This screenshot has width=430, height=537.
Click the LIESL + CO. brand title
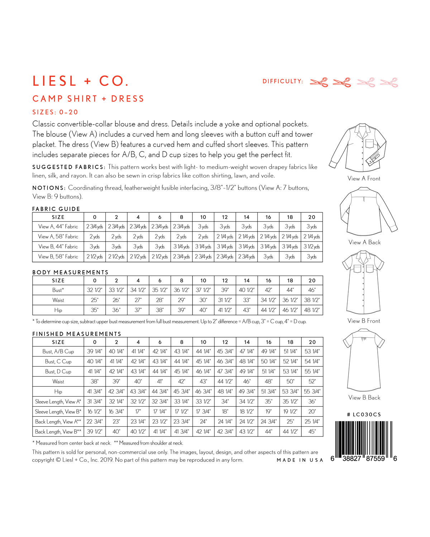click(81, 81)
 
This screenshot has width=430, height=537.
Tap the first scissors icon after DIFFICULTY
click(319, 82)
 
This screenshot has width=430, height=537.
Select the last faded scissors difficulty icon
click(389, 82)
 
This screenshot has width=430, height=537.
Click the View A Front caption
click(364, 178)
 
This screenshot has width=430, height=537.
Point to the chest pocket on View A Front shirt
click(369, 144)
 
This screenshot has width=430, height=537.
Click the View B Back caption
click(364, 397)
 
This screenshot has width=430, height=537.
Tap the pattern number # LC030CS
click(364, 415)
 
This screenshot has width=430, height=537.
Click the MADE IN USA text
click(300, 460)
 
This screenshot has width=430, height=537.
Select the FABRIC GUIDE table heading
click(56, 209)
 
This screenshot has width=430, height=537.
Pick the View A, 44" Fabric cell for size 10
click(203, 227)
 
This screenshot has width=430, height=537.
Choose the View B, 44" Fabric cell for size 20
click(311, 247)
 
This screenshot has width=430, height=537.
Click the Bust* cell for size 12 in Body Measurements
click(225, 290)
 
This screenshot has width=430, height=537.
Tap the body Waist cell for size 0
click(95, 300)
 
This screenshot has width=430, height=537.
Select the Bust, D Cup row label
click(58, 371)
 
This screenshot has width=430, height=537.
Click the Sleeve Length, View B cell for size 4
click(138, 411)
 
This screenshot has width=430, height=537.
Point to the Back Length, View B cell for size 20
click(312, 431)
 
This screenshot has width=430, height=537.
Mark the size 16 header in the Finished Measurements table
click(269, 342)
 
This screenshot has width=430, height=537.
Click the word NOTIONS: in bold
click(49, 188)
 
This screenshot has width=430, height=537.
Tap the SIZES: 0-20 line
click(55, 112)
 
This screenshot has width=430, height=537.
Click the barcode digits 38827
click(352, 459)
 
